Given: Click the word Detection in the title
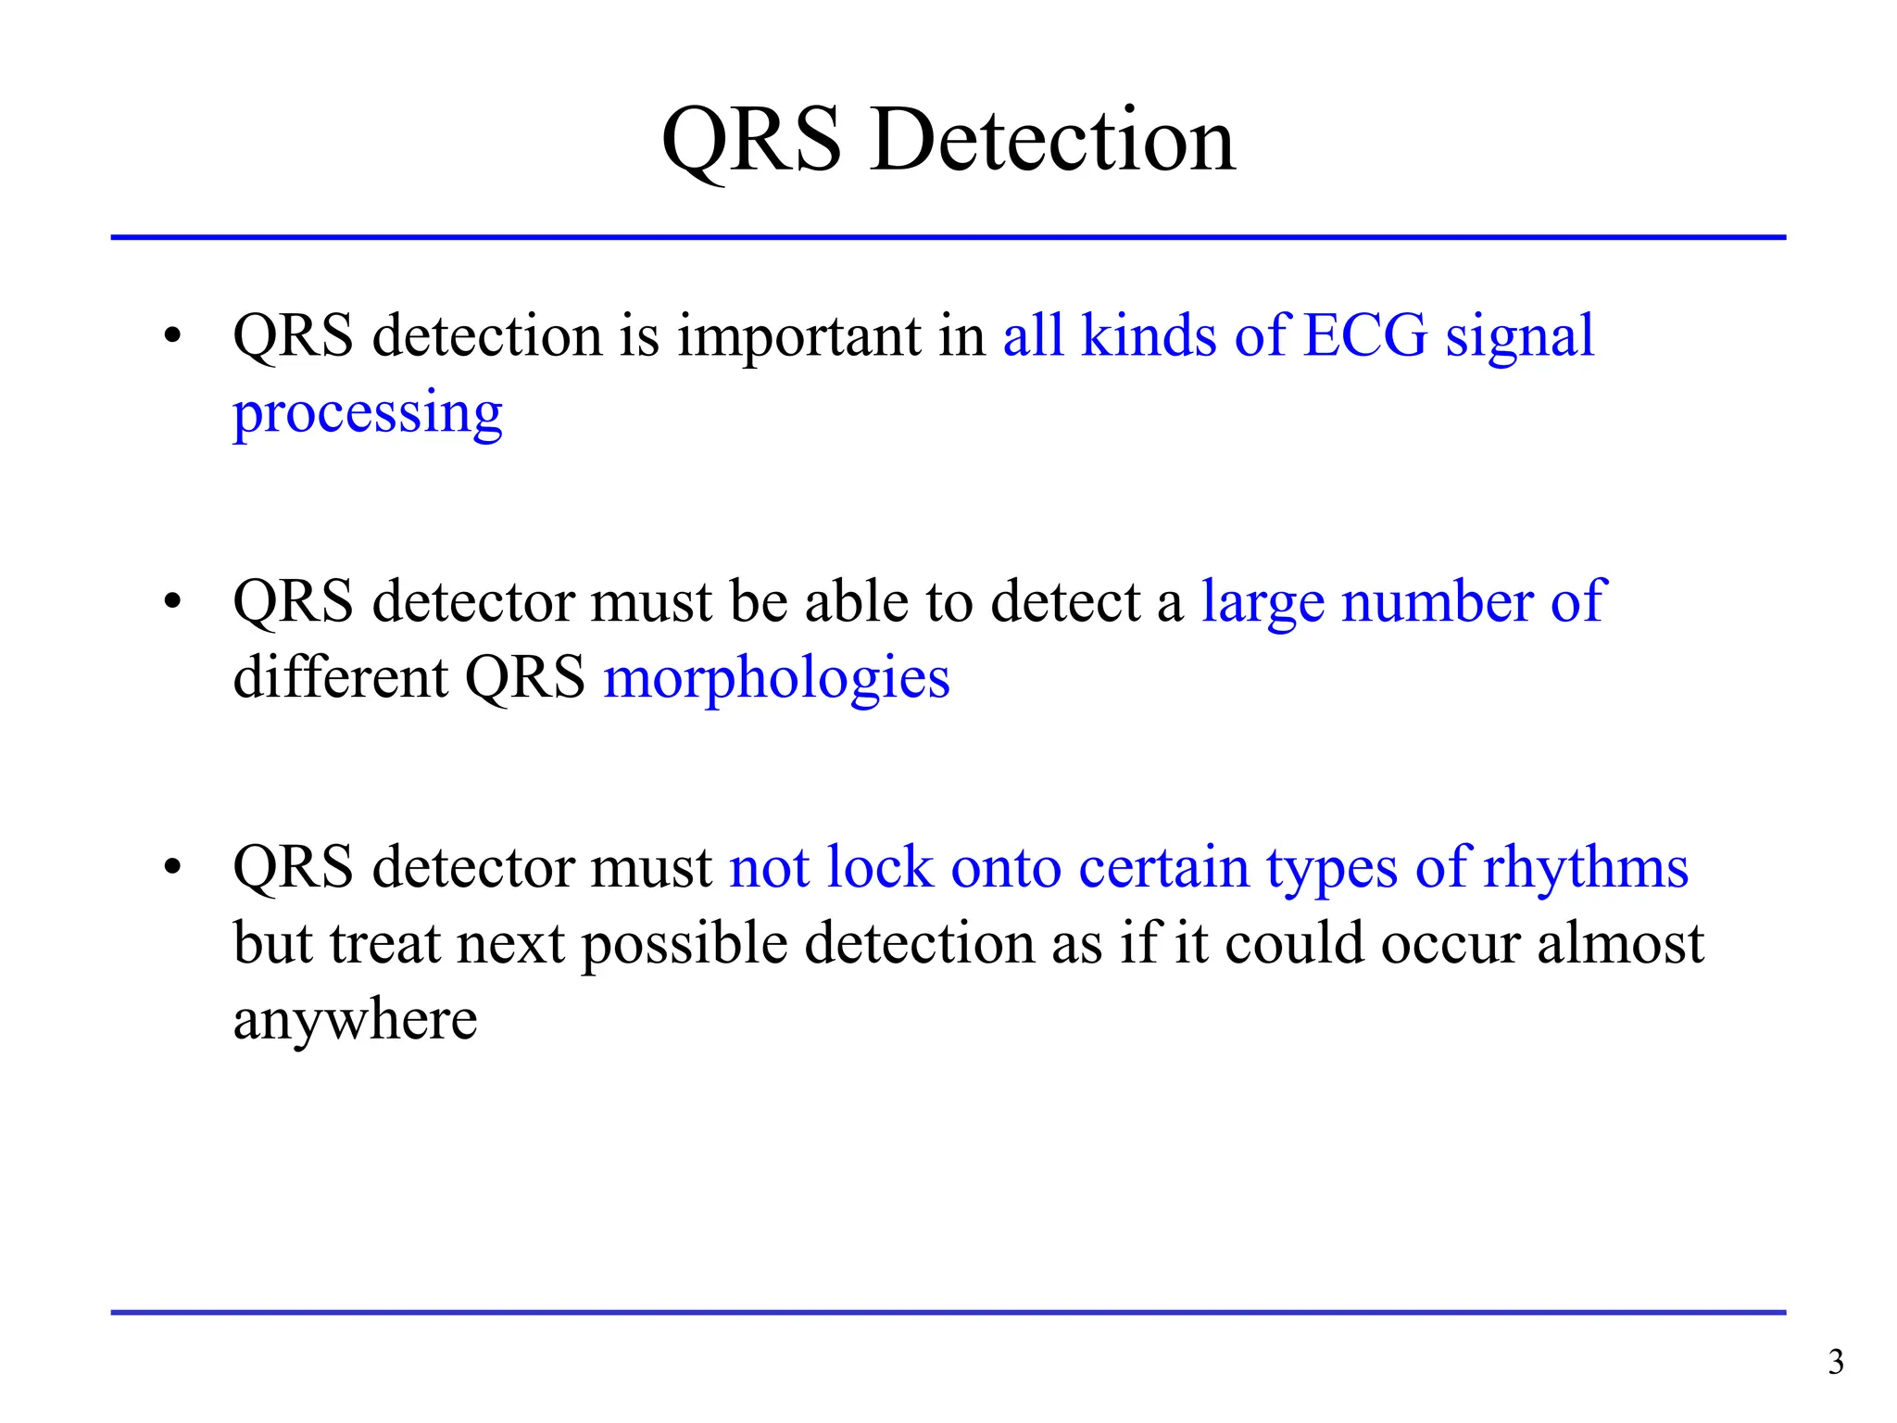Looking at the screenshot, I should [x=1053, y=141].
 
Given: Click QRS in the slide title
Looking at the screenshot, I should [x=751, y=141].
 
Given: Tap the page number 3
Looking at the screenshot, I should [x=1835, y=1362].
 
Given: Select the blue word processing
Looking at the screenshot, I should [x=367, y=413].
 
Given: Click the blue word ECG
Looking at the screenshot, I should [x=1365, y=335].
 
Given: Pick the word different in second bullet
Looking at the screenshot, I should [x=340, y=677].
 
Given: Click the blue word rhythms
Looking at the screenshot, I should [x=1585, y=869].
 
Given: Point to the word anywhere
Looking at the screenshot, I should [x=355, y=1022].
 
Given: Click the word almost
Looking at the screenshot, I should [x=1620, y=944].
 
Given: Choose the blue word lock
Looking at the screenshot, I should [x=879, y=868].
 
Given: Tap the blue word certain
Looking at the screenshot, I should [x=1163, y=869].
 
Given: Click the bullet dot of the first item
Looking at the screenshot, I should [x=172, y=337].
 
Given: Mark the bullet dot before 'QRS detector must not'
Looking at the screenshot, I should [x=172, y=869].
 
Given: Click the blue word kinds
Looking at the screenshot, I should [x=1148, y=335].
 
